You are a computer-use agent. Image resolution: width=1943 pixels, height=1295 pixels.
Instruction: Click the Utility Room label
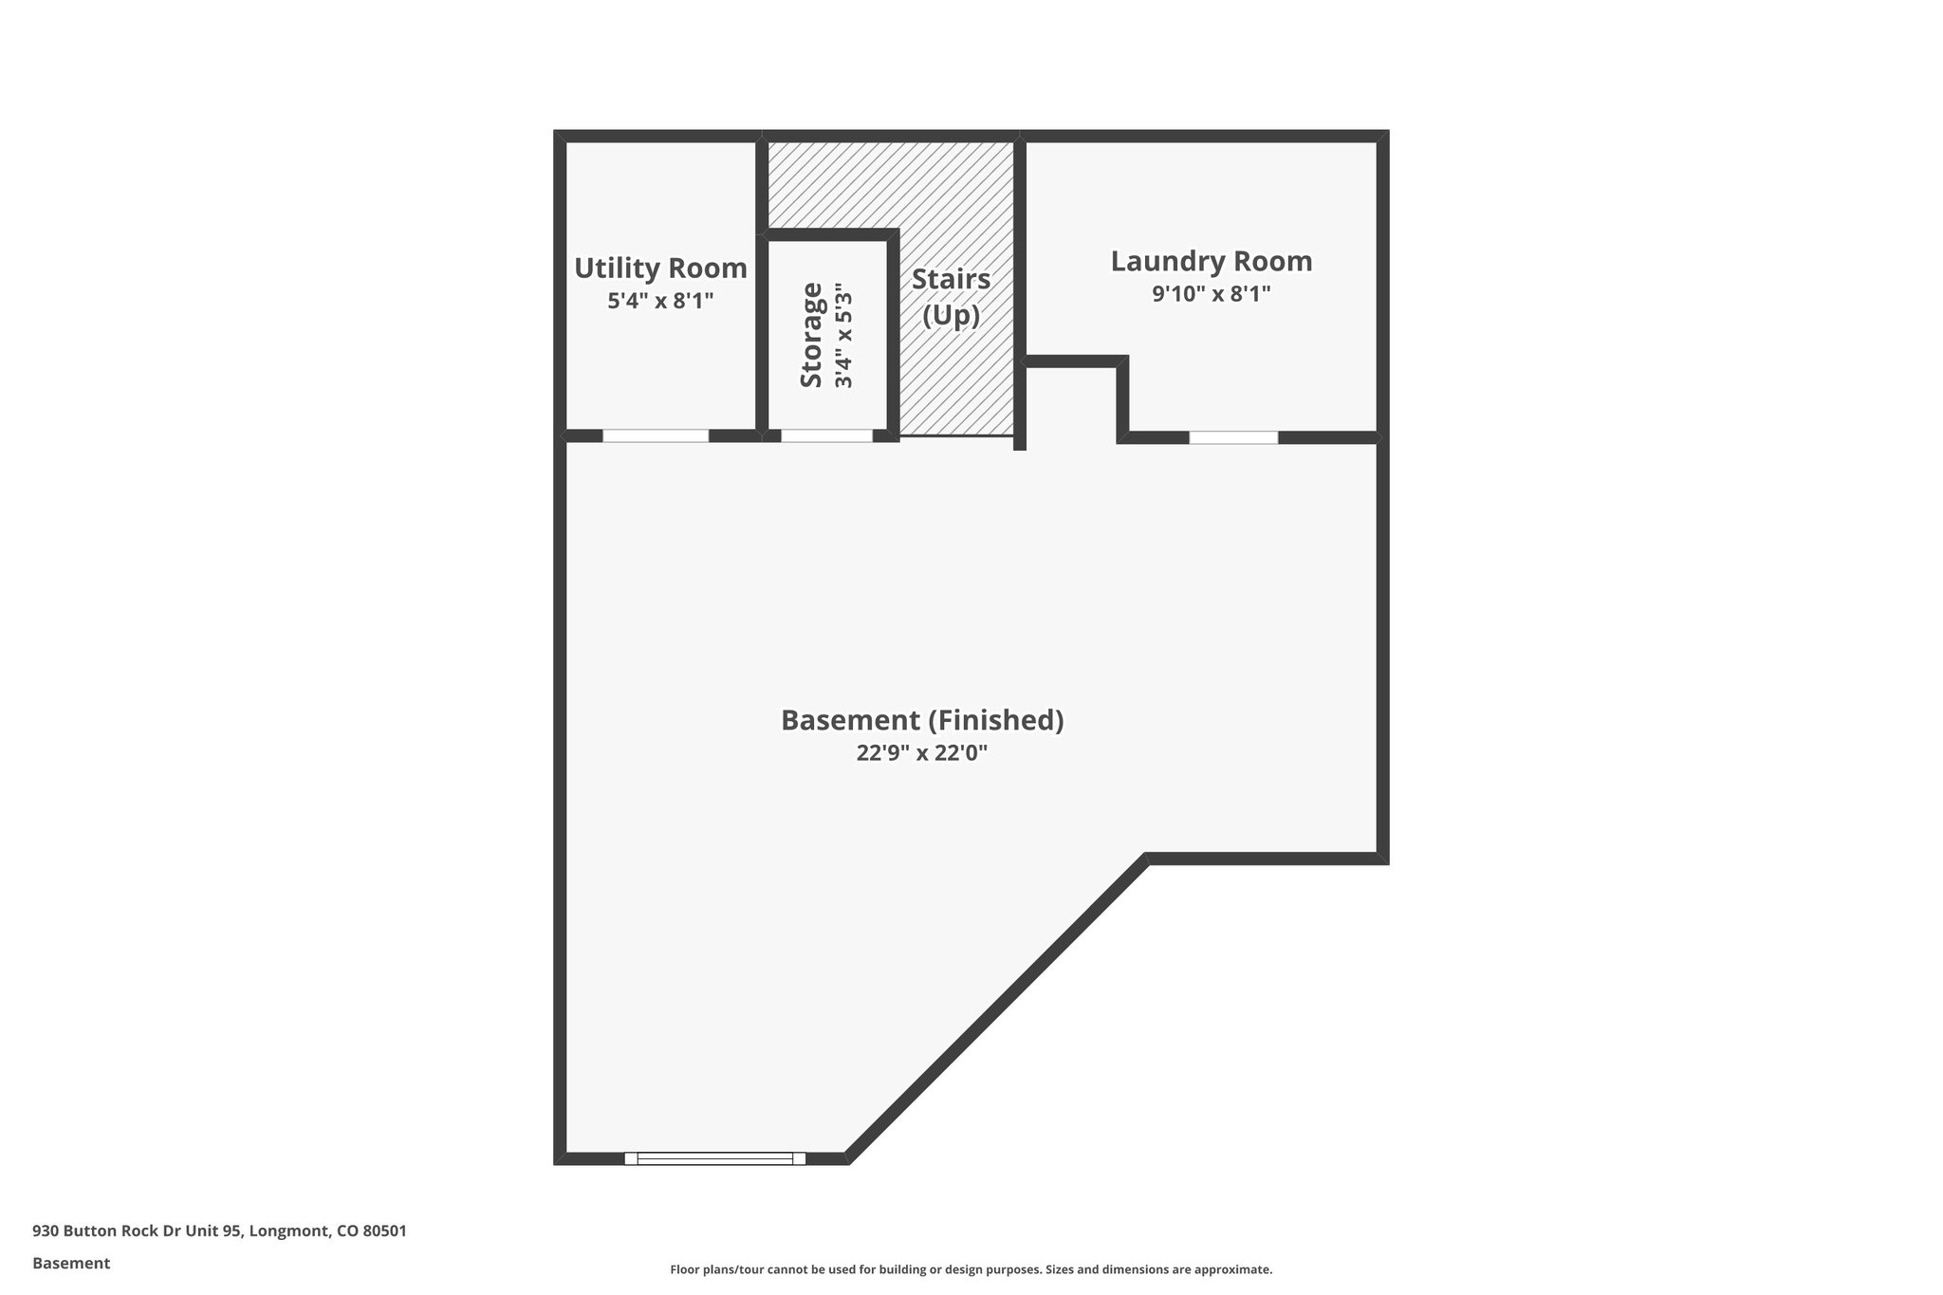660,268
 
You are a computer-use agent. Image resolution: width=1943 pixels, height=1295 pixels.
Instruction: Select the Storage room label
811,335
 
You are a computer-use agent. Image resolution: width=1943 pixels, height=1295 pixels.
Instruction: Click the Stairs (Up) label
952,297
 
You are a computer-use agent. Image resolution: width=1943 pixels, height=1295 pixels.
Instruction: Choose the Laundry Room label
1212,261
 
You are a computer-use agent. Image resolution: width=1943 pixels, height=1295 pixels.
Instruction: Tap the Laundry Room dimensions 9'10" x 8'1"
1212,294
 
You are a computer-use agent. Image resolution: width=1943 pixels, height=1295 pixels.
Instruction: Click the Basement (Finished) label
922,720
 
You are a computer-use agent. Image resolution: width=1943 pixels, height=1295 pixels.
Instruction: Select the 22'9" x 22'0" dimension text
922,753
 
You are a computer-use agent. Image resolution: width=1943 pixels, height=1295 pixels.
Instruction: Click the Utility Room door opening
656,436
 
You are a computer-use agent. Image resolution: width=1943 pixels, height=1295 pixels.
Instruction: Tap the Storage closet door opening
826,436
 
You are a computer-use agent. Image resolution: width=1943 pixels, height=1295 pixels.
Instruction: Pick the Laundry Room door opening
1233,437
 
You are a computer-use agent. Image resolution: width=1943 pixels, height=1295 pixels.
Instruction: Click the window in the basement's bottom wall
714,1158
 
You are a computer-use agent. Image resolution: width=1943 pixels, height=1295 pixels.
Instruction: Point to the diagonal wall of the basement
996,1010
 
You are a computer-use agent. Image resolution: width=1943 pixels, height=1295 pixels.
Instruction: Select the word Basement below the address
71,1264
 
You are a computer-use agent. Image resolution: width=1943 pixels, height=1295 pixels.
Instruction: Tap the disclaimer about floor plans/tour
971,1269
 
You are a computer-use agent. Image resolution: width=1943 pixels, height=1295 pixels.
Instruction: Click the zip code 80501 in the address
384,1231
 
